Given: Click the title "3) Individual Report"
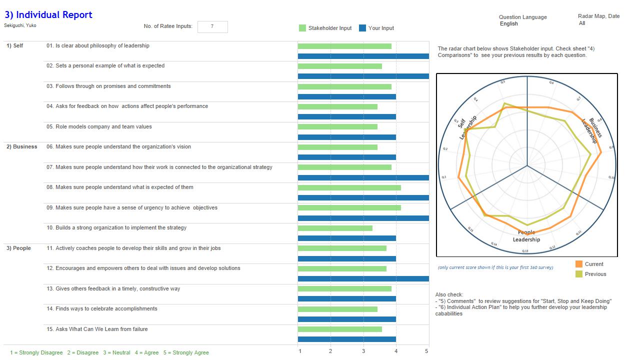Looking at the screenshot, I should (x=48, y=15).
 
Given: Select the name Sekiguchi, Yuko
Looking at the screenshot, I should (x=20, y=25).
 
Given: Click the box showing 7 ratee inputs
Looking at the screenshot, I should (x=212, y=26).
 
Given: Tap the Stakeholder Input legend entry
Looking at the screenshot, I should (x=325, y=28).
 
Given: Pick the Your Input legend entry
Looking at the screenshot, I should (x=376, y=28).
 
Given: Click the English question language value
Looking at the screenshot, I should (x=509, y=24).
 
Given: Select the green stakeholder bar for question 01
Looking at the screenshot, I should (x=344, y=46).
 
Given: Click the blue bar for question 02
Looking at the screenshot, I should (x=363, y=76).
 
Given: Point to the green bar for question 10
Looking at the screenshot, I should (x=335, y=228).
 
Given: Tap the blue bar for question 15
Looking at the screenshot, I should (x=346, y=339).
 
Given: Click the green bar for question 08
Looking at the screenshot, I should (x=349, y=187).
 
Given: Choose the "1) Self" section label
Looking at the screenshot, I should (x=14, y=46).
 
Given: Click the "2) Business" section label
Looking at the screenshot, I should (x=21, y=147).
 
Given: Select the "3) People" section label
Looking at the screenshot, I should (x=18, y=248).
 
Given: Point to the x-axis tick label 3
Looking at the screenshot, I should (x=363, y=351).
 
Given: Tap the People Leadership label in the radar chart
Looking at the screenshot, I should (x=526, y=236).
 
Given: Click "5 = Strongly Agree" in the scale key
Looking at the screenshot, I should (x=186, y=353).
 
